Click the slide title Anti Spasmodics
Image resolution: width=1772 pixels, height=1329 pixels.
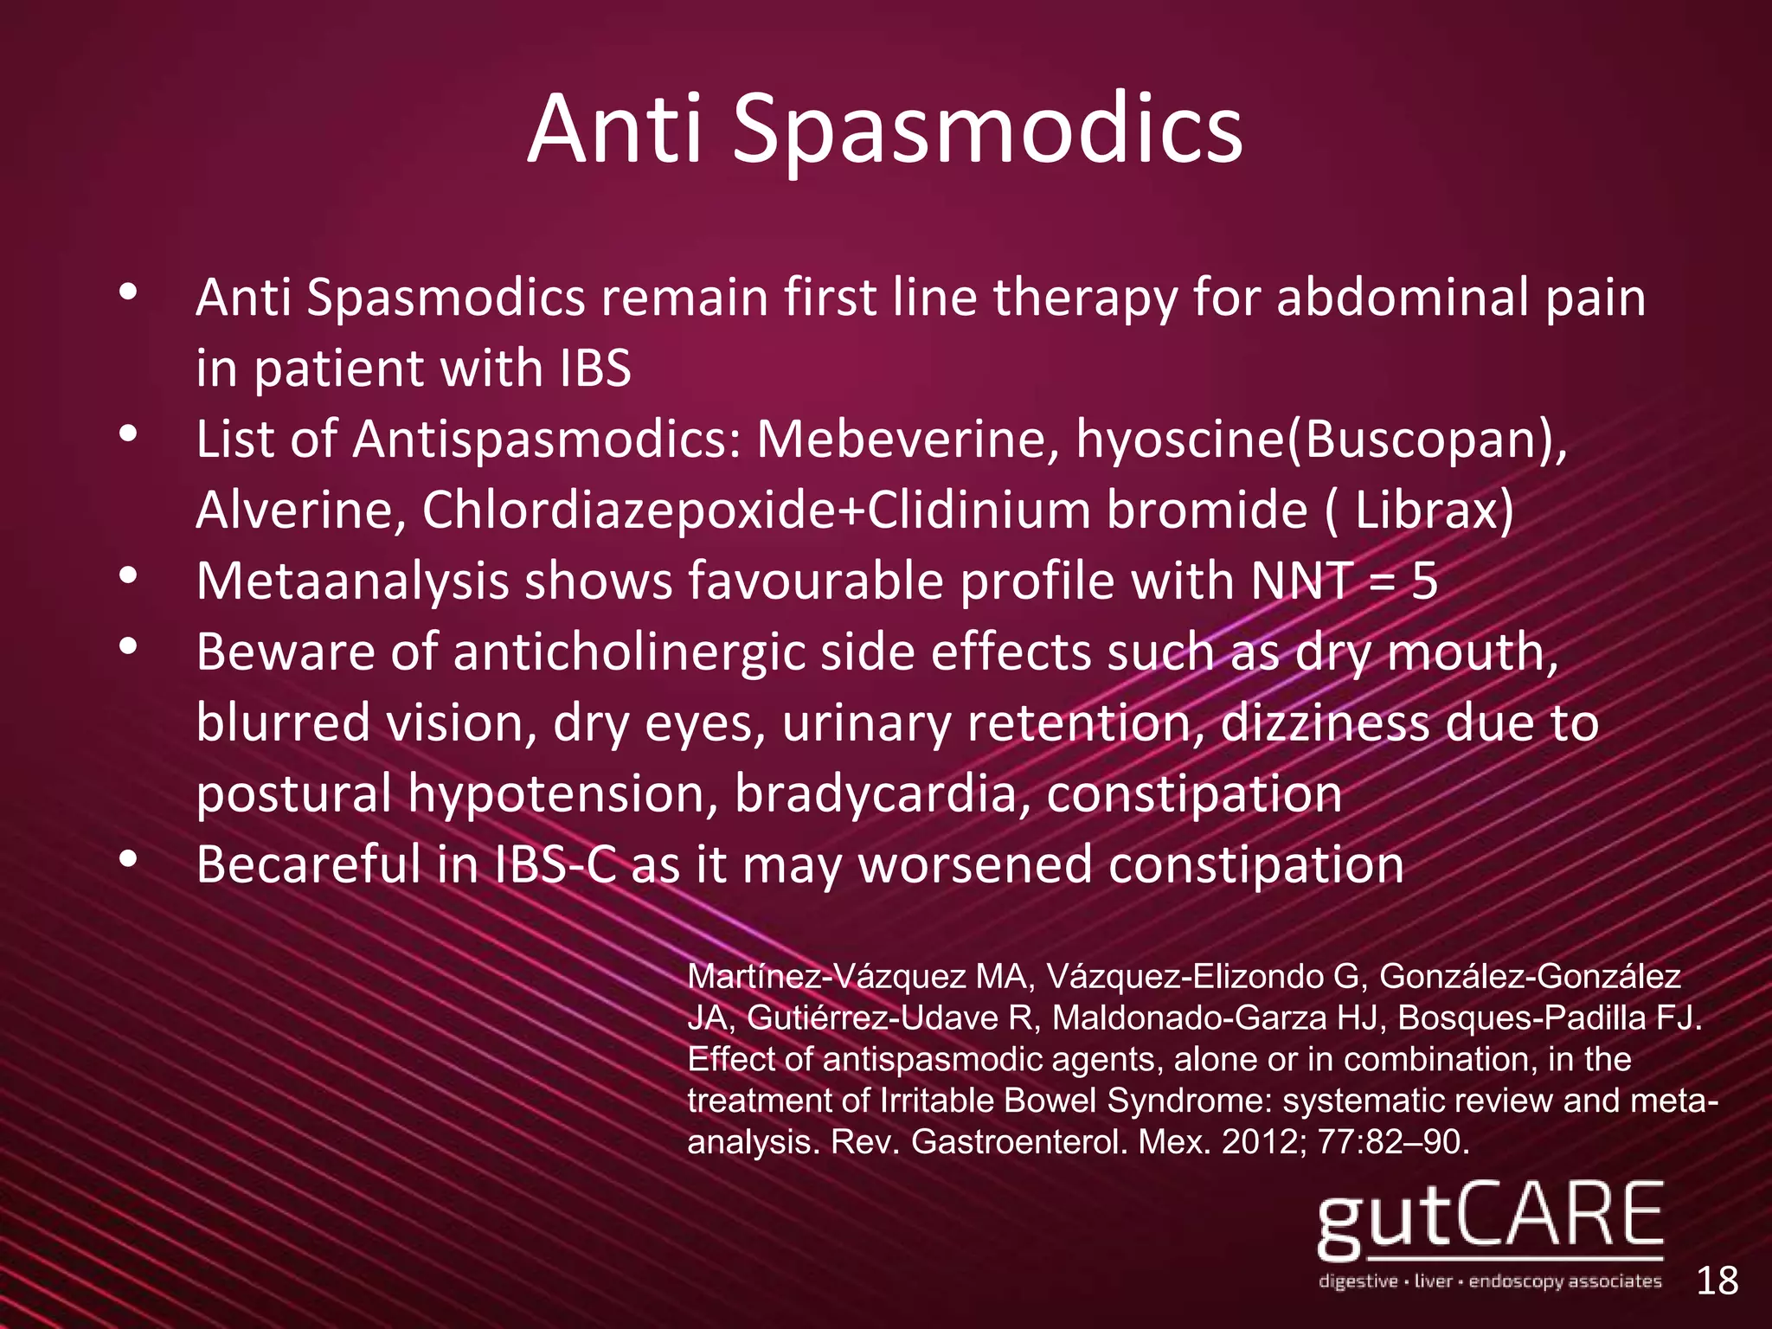(x=885, y=130)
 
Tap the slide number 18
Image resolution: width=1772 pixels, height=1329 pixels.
(x=1717, y=1280)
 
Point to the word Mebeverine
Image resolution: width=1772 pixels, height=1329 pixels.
(x=908, y=440)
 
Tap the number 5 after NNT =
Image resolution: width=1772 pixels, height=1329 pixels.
(x=1424, y=581)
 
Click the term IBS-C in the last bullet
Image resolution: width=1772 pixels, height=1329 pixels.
(x=555, y=864)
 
